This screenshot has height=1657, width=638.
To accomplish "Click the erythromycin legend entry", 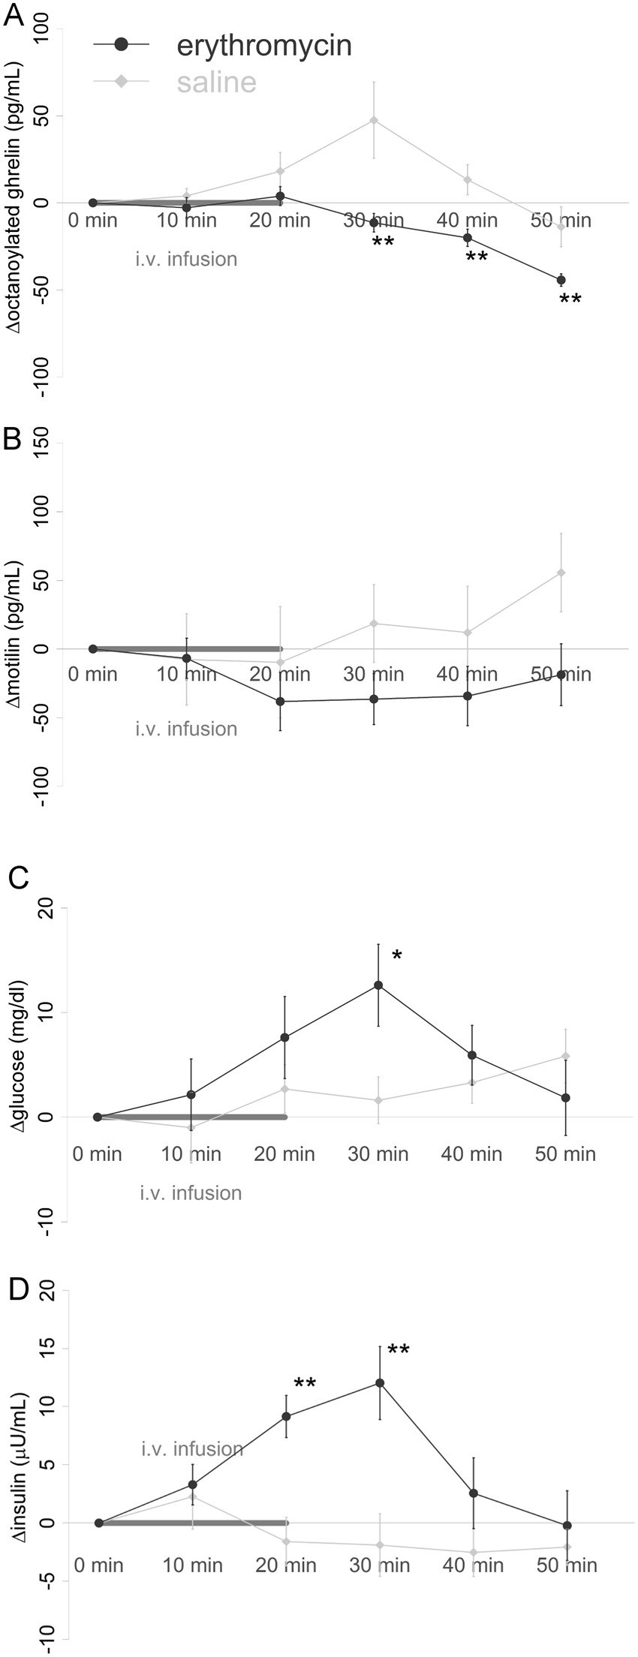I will [x=264, y=46].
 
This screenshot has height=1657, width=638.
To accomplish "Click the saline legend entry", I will [x=217, y=82].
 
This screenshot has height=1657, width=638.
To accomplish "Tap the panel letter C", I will [x=16, y=877].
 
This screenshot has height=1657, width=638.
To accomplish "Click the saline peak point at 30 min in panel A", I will [x=373, y=120].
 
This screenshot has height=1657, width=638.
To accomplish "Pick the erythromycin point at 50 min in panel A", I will [x=561, y=280].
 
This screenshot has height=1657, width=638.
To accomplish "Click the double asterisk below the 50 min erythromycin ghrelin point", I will [x=570, y=301].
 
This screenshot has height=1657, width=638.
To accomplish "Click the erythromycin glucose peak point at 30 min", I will [x=378, y=985].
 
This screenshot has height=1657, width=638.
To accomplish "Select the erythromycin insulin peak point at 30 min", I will [x=380, y=1383].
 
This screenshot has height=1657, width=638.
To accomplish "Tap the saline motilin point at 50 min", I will [x=561, y=573].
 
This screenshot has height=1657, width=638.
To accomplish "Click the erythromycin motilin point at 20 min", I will [x=280, y=702].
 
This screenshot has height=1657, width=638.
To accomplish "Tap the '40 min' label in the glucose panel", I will [x=471, y=1153].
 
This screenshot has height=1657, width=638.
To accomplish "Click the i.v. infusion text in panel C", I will [x=191, y=1192].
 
